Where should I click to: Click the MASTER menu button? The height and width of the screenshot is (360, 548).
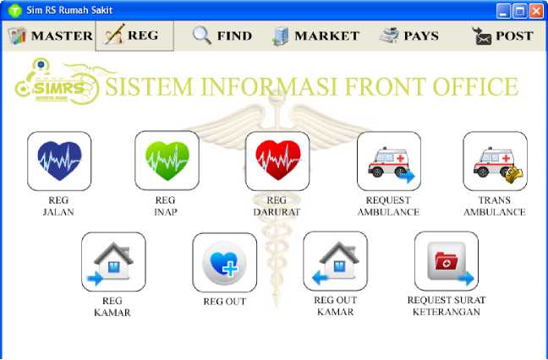coord(50,35)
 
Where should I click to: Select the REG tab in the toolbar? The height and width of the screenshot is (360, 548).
coord(134,35)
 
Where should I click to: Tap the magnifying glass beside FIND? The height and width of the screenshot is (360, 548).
coord(201,35)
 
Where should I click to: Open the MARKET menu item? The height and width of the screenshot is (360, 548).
coord(315,36)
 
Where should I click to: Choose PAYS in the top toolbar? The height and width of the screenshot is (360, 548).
coord(409,35)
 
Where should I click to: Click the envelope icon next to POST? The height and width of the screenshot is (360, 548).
coord(482,36)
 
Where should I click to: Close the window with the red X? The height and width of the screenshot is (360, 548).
coord(536,11)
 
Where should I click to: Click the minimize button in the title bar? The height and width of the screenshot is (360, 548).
coord(503,11)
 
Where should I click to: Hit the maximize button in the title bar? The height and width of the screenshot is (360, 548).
coord(520,11)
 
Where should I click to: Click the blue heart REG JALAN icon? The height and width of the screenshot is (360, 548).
coord(59,161)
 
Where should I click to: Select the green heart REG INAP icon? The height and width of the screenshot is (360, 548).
coord(167,161)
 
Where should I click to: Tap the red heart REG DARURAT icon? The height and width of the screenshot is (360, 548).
coord(277,161)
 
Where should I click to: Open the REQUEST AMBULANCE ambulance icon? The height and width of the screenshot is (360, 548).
coord(389,161)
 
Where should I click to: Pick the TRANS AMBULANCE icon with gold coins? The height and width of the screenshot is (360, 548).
coord(496,161)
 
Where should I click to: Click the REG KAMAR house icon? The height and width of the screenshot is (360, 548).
coord(113,262)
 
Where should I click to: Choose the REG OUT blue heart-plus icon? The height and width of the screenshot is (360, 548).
coord(225,263)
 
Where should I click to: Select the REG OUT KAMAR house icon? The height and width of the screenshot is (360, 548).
coord(336,261)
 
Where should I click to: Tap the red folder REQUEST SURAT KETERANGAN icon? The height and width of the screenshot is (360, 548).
coord(447,261)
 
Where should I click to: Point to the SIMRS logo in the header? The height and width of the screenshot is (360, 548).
coord(57,81)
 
